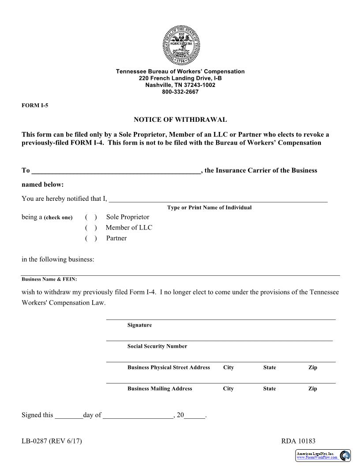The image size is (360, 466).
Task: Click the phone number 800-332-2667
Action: (x=180, y=92)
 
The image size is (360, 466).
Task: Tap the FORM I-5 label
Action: (x=35, y=105)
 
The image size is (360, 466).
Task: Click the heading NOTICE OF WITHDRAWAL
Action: (x=180, y=120)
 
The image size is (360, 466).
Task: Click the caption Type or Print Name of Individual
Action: (x=209, y=207)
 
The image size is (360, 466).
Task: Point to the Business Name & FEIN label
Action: (x=49, y=279)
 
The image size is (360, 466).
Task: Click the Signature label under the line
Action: (x=139, y=325)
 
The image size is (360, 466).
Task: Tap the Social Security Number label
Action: (x=157, y=346)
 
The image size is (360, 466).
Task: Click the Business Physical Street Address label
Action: (x=169, y=368)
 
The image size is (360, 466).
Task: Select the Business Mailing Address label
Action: (x=160, y=389)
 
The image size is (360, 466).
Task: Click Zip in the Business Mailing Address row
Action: (x=312, y=389)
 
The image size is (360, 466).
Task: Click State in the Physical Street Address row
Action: (x=269, y=368)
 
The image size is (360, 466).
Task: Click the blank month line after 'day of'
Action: (x=138, y=415)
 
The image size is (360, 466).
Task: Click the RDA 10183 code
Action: (x=298, y=441)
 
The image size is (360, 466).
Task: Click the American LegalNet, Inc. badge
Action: (x=323, y=455)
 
